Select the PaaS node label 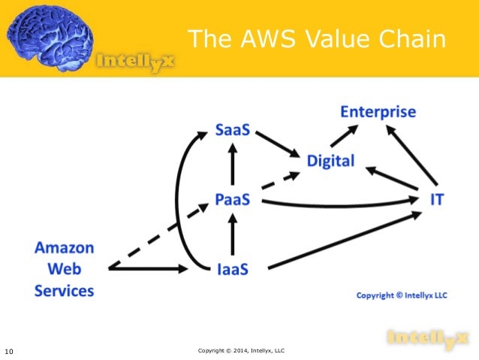233,201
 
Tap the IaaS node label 233,268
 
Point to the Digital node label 330,161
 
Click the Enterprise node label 378,112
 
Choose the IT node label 436,200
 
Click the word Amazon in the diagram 64,247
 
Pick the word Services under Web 64,290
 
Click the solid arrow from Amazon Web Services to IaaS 150,268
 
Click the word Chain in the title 413,39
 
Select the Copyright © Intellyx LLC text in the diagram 401,295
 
